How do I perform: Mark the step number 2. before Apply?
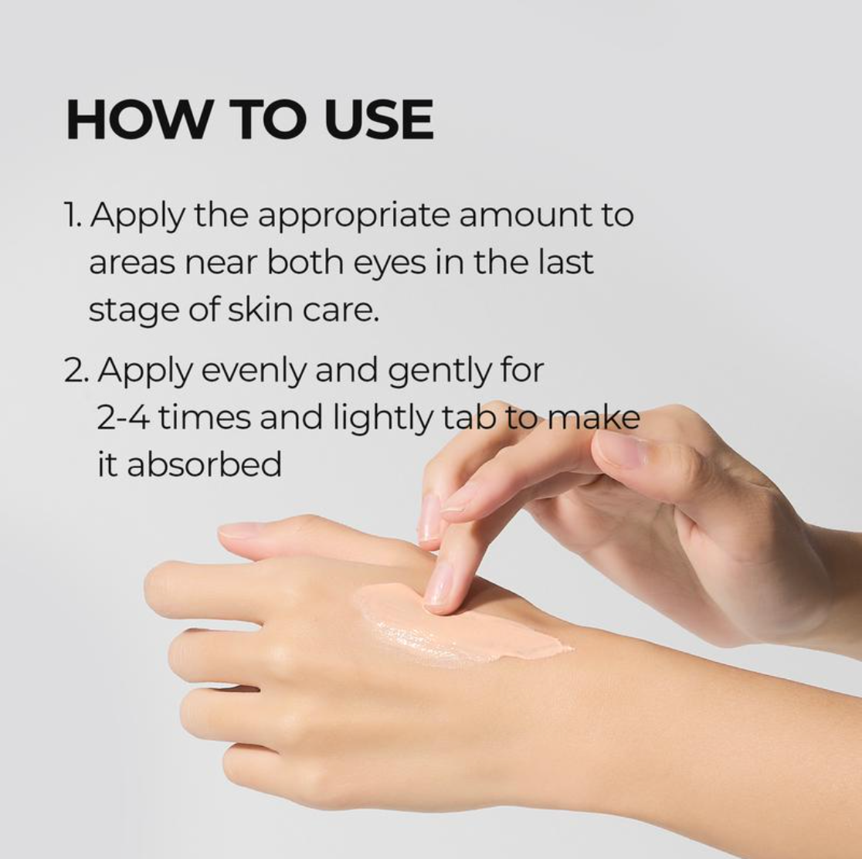[x=76, y=372]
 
